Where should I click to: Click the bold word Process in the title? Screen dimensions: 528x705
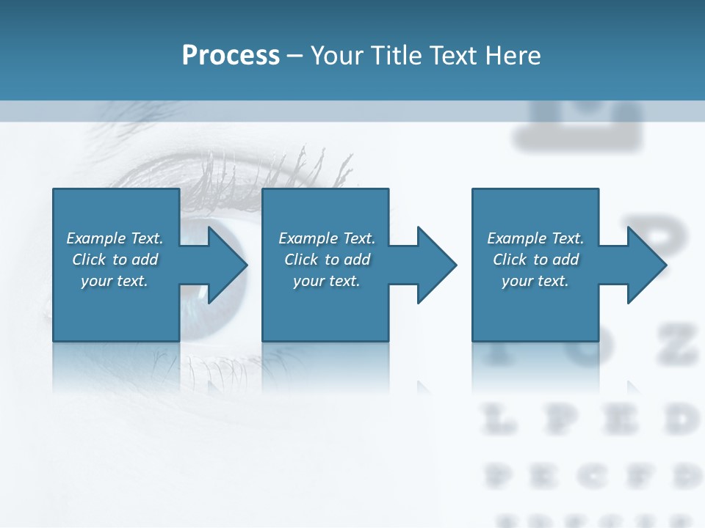click(231, 55)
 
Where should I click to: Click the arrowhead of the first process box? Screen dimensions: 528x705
click(227, 265)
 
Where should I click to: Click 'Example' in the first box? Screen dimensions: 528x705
click(96, 238)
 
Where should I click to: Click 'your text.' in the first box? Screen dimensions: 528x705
click(115, 281)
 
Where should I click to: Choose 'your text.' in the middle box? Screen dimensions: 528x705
click(326, 281)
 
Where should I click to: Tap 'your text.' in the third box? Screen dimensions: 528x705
click(535, 281)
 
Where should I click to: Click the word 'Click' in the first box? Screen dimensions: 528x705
click(89, 260)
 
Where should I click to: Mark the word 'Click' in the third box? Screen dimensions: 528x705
click(510, 260)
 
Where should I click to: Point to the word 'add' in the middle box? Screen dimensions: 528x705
click(357, 260)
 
